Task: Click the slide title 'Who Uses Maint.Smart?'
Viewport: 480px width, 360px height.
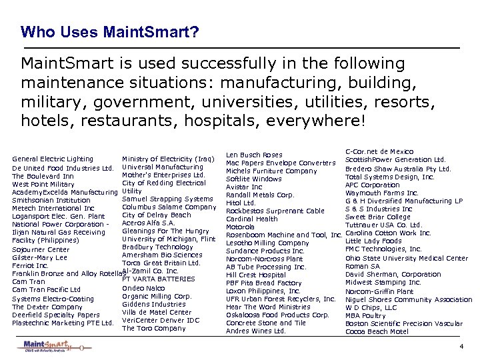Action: tap(109, 31)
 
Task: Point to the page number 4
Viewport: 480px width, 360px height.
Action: tap(461, 347)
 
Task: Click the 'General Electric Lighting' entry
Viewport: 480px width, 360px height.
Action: tap(53, 159)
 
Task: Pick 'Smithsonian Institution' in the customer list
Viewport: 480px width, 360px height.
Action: tap(51, 200)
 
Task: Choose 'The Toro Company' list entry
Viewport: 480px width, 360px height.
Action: tap(154, 328)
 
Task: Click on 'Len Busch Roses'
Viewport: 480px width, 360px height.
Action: tap(254, 155)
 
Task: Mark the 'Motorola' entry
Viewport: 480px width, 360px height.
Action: tap(240, 227)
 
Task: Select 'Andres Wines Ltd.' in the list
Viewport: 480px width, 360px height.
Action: tap(256, 331)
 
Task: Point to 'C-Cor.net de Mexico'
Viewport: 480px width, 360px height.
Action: tap(379, 152)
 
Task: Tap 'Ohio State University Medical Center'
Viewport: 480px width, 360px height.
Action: tap(407, 258)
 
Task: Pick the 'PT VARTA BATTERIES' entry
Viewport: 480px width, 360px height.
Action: tap(159, 279)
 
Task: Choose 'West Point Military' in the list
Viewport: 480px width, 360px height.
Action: tap(43, 184)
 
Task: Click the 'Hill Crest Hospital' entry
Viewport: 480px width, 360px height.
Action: tap(256, 275)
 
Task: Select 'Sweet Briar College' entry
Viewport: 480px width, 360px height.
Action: tap(378, 217)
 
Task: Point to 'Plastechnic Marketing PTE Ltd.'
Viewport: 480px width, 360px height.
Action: tap(63, 323)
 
